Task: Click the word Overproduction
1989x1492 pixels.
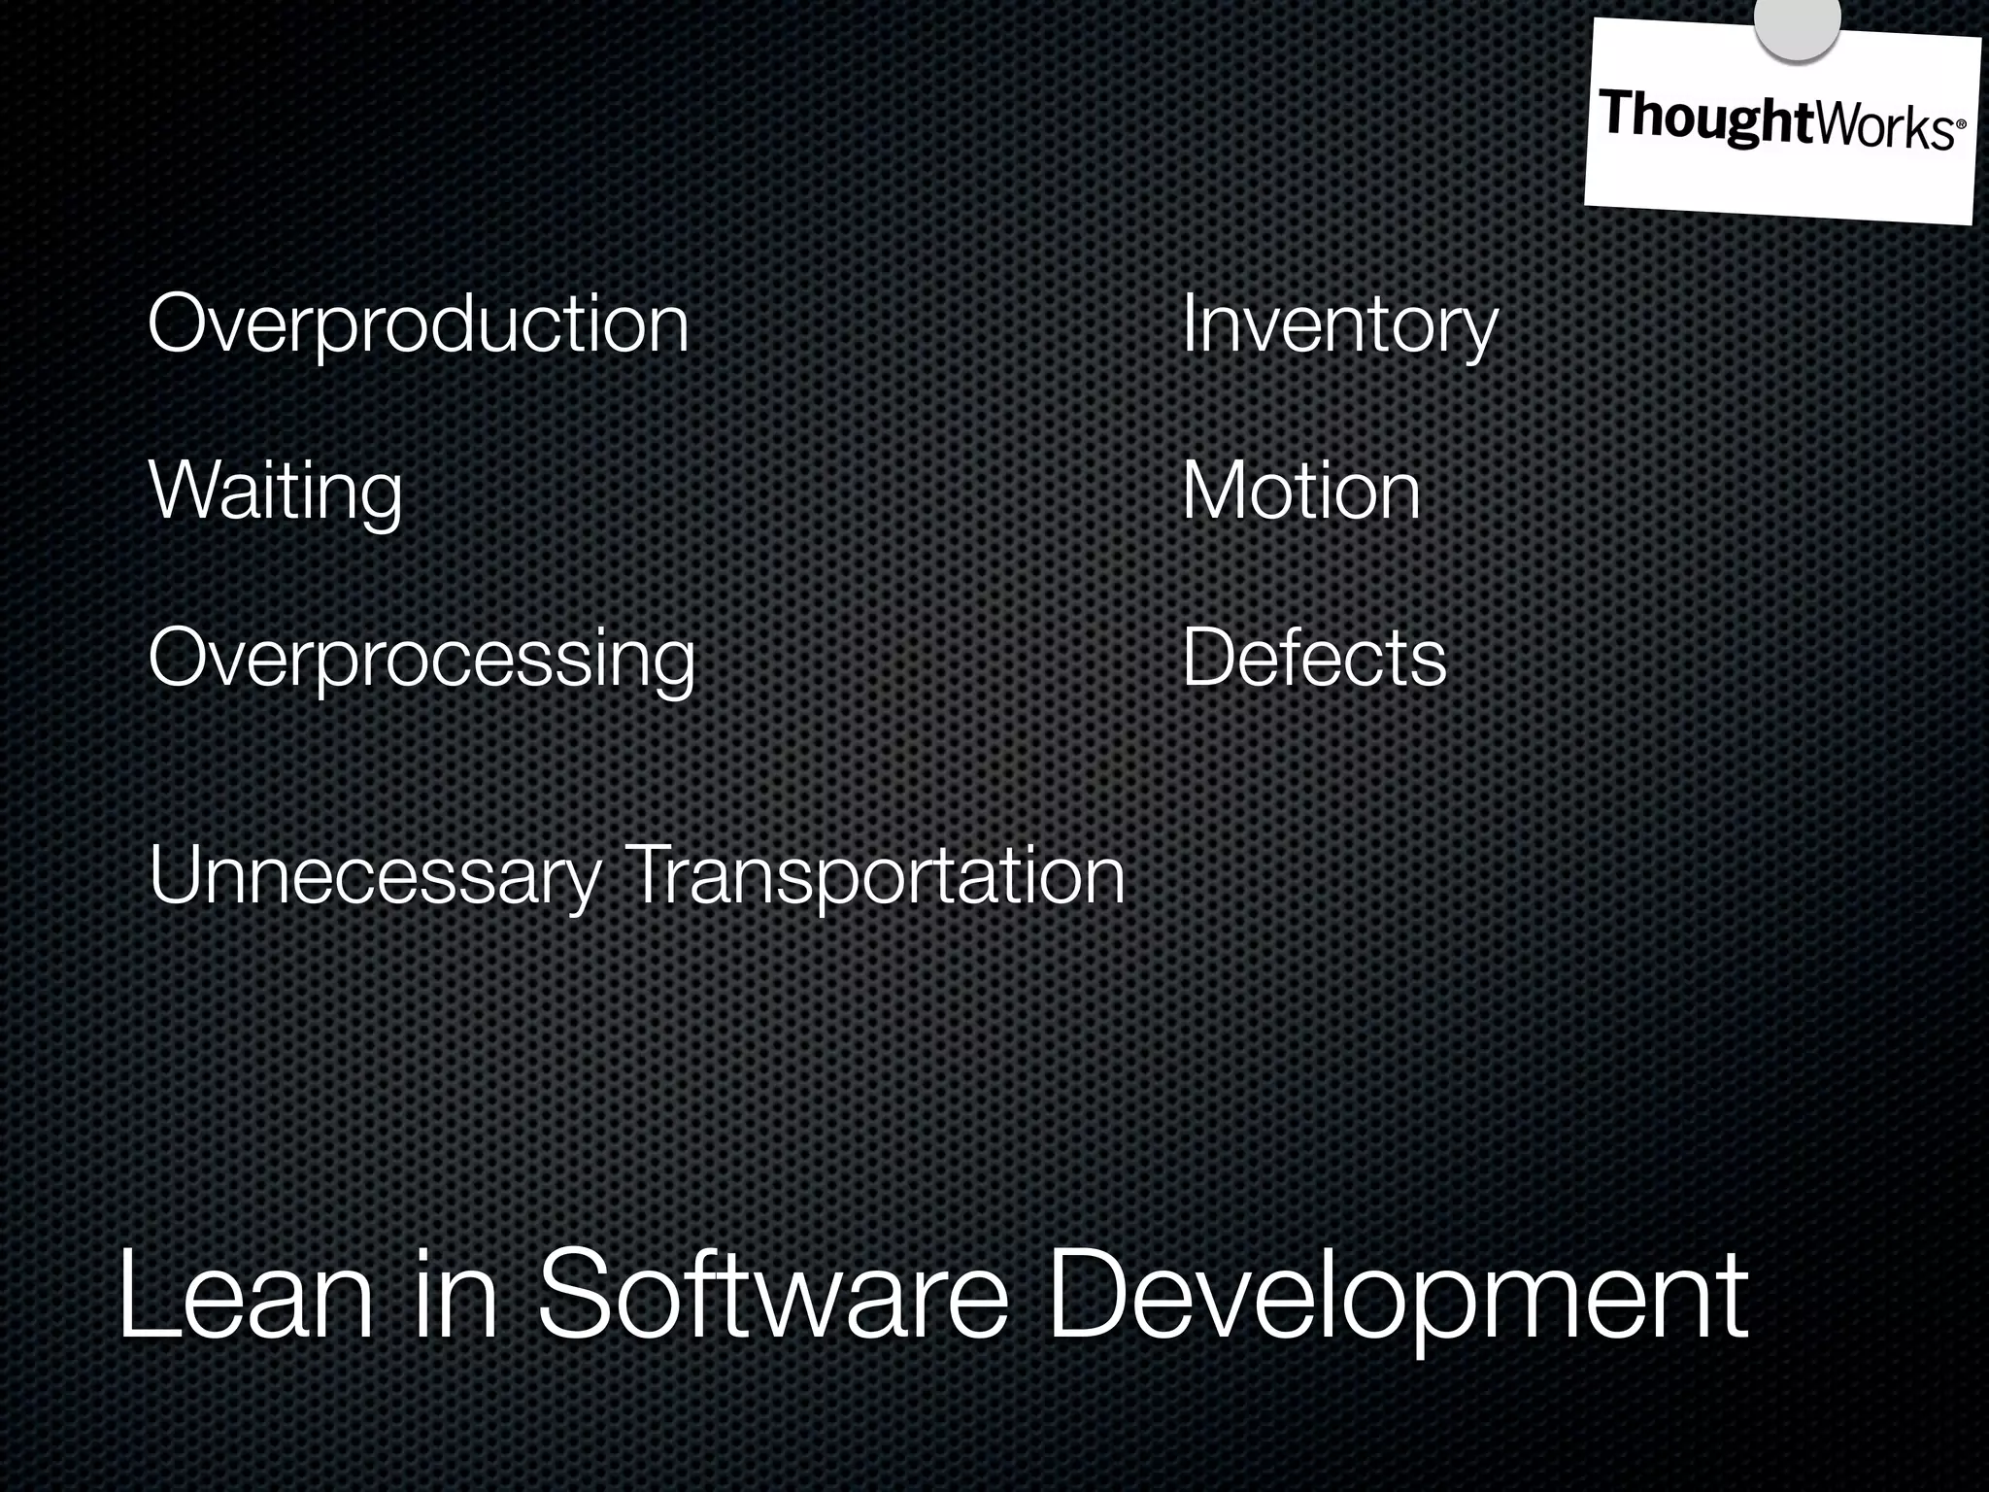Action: click(x=418, y=325)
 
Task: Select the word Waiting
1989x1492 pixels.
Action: click(x=275, y=492)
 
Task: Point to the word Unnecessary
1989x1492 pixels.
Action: click(x=375, y=877)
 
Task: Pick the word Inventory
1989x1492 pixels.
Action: click(x=1339, y=325)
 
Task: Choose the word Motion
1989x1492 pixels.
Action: click(x=1300, y=492)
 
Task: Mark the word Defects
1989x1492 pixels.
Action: click(x=1314, y=659)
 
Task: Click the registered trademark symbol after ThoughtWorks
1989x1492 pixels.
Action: click(x=1960, y=125)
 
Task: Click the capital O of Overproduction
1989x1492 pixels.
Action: click(x=179, y=324)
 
